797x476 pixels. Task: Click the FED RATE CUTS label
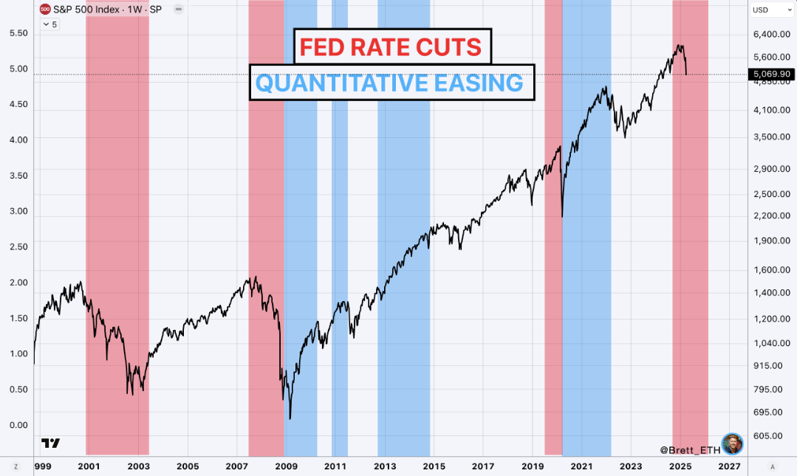tap(390, 48)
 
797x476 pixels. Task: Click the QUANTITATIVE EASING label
tap(390, 83)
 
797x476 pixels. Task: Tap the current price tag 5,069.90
tap(772, 74)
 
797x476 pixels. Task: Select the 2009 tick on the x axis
tap(286, 466)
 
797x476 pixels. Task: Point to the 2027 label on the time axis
tap(729, 466)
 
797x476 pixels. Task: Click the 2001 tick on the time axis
tap(89, 466)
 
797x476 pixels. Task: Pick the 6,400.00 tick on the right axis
tap(771, 34)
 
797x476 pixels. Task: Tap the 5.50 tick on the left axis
tap(17, 34)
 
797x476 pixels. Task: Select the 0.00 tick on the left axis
tap(17, 425)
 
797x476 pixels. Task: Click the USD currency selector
tap(761, 10)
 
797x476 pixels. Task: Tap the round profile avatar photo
tap(731, 444)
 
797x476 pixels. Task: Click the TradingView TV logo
tap(50, 444)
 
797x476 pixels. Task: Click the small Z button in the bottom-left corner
tap(16, 466)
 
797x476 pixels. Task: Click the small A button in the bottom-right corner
tap(772, 466)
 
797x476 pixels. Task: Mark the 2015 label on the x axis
tap(434, 466)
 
